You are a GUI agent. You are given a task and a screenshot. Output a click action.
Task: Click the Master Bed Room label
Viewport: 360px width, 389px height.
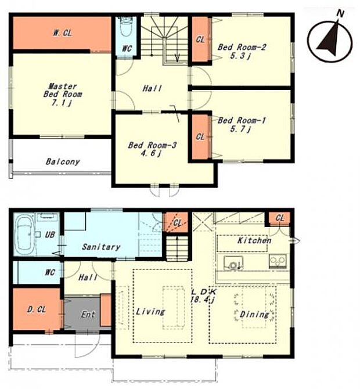(63, 91)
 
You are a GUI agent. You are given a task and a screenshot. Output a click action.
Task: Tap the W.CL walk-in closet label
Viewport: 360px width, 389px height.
(63, 33)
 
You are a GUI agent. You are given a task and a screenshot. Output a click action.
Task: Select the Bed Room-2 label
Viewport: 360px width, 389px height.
(242, 47)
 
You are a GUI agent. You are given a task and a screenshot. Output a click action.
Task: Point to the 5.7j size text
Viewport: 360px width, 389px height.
(240, 129)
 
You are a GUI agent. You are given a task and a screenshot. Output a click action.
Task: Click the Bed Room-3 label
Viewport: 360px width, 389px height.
(152, 145)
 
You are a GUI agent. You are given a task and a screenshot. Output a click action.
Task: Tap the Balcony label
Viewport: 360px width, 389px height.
(63, 162)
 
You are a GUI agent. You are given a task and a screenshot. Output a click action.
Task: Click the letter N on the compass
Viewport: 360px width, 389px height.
(340, 14)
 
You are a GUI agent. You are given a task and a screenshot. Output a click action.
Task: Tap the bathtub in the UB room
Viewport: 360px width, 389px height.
(24, 235)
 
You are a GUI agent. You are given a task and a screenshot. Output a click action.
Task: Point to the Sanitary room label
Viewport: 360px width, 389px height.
(101, 247)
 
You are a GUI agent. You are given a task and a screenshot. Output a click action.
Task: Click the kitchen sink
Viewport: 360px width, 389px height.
(233, 263)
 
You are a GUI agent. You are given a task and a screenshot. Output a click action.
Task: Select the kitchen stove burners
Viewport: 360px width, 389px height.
(278, 261)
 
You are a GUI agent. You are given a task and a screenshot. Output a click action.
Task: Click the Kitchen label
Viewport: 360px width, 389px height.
(254, 240)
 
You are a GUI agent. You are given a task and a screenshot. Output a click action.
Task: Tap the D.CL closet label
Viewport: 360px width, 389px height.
(37, 309)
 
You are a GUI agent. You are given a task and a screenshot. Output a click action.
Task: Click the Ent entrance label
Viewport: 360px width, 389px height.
(88, 315)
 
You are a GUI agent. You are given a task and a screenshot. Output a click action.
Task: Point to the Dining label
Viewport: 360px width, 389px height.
(254, 315)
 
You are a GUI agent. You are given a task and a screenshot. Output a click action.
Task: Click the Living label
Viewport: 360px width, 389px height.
(150, 312)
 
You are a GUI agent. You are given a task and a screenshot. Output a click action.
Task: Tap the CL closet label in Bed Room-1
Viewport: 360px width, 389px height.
(200, 136)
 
